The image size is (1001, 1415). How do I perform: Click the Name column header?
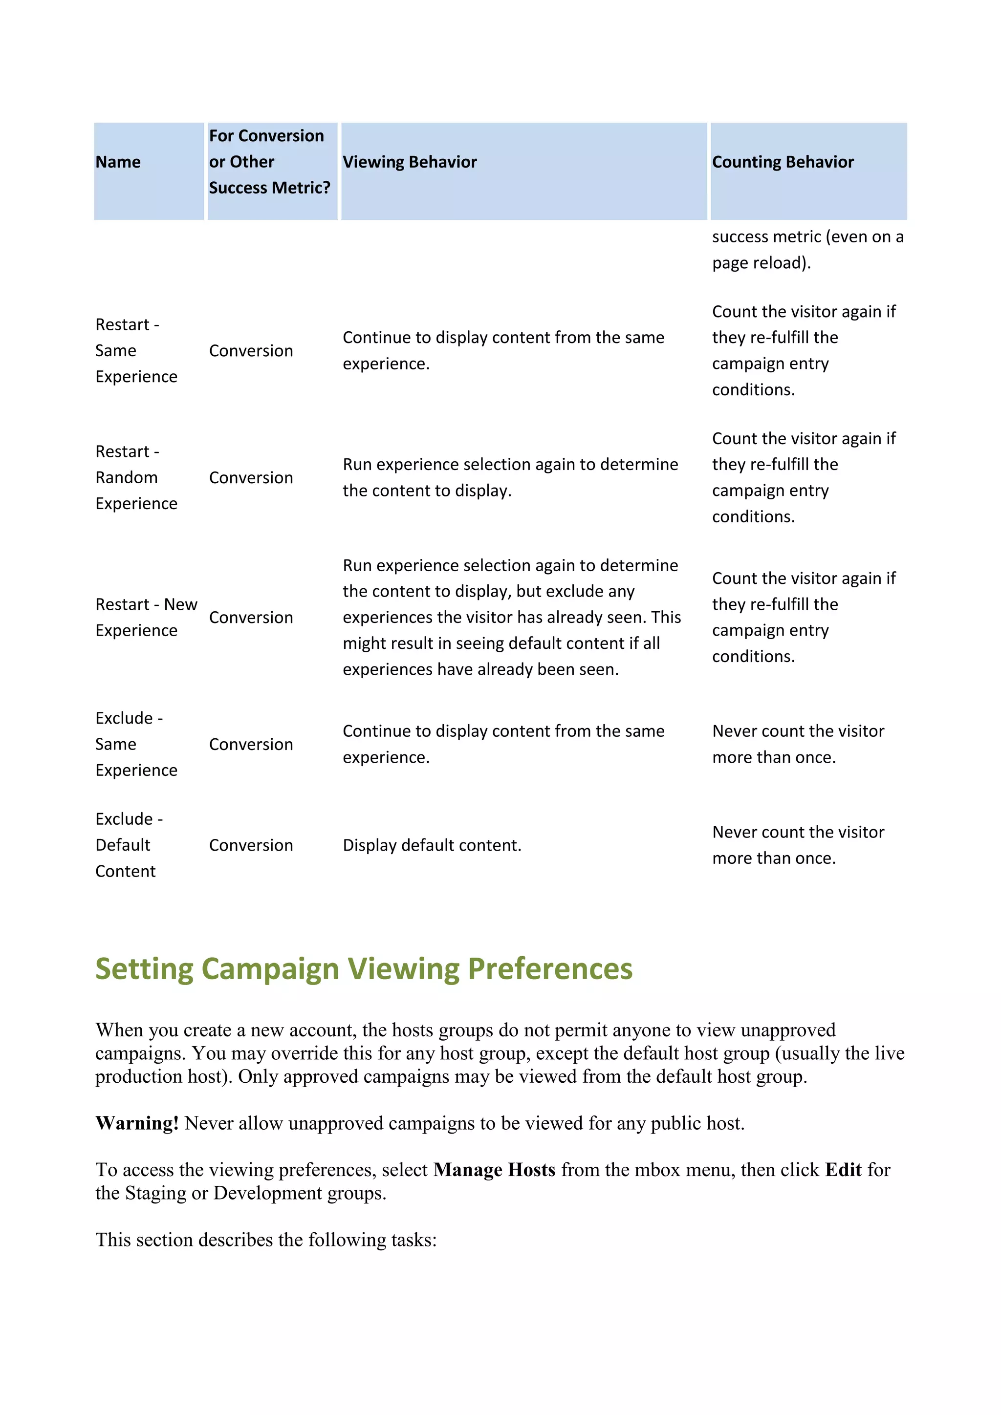118,162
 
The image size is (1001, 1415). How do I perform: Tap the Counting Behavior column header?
783,162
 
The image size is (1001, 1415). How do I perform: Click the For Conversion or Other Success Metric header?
269,161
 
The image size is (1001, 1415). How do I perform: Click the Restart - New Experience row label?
146,617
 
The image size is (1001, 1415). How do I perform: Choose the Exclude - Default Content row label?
129,844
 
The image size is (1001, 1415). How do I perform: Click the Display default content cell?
432,845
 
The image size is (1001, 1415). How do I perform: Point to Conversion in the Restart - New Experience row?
251,618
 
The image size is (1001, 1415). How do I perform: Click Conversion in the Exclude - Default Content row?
251,845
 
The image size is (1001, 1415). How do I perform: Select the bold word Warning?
137,1123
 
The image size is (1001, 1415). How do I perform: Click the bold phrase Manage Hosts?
494,1170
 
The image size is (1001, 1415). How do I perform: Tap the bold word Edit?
843,1170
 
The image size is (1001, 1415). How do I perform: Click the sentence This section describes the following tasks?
266,1240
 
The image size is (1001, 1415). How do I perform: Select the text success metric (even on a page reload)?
807,250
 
